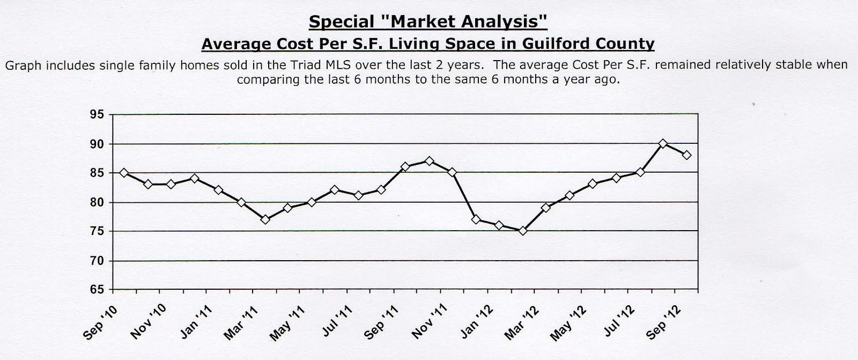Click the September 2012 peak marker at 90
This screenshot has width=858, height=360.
pyautogui.click(x=663, y=143)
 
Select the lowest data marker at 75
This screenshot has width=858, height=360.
pyautogui.click(x=523, y=231)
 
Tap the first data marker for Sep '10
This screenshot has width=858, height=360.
pyautogui.click(x=124, y=173)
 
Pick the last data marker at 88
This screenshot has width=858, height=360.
pyautogui.click(x=686, y=155)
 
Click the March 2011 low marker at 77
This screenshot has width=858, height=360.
pyautogui.click(x=265, y=219)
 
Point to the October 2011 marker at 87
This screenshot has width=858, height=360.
pyautogui.click(x=428, y=161)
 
